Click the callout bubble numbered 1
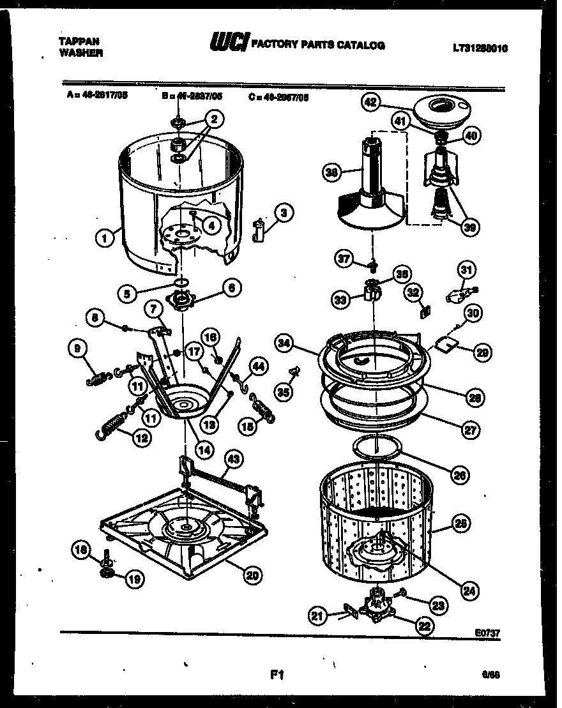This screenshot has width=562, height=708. point(102,239)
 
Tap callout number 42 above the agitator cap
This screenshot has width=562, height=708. point(370,102)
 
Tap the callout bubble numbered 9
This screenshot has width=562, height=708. point(77,349)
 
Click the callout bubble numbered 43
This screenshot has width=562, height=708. point(234,458)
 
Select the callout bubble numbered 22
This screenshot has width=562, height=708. point(424,626)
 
